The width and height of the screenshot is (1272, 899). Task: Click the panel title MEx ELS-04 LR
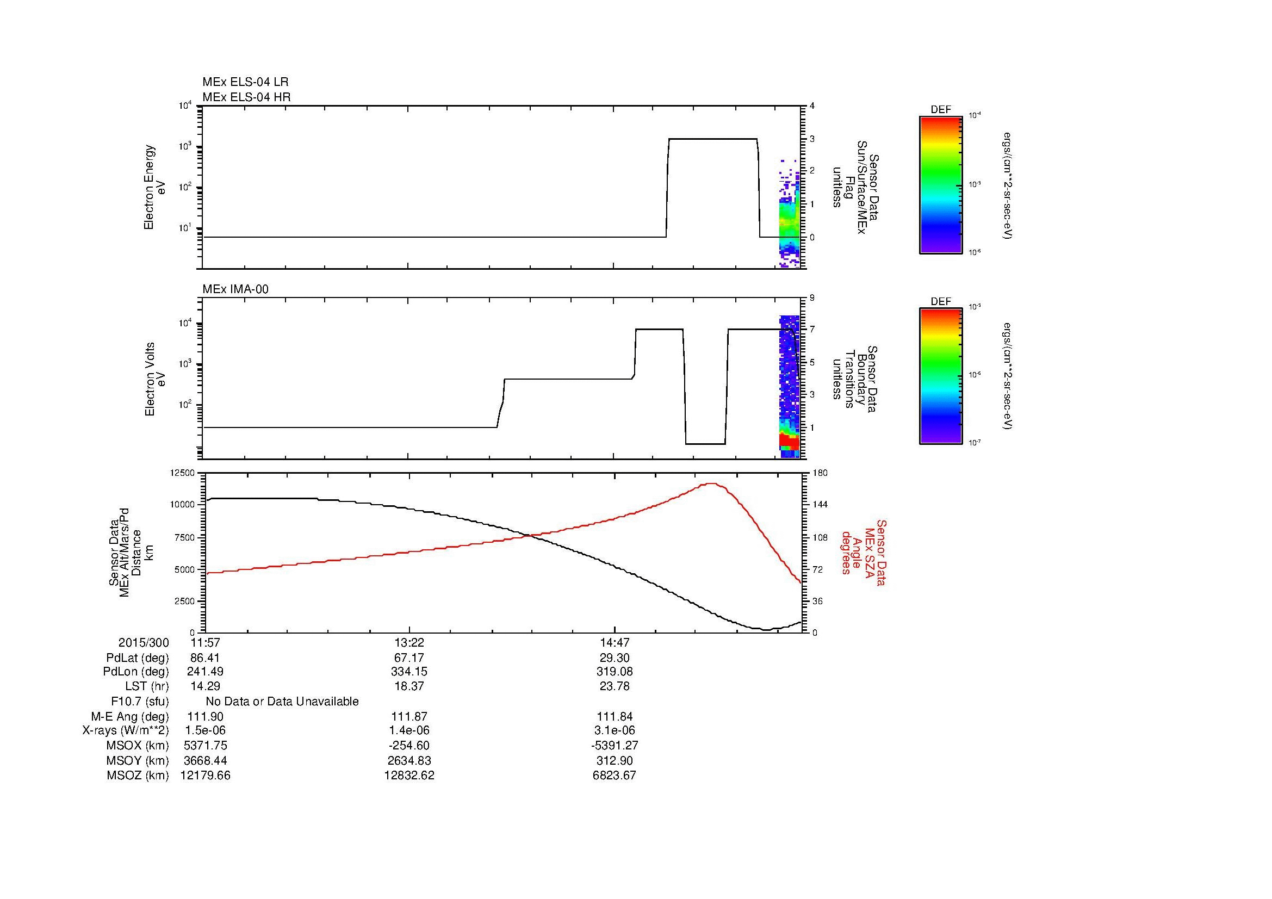(x=245, y=82)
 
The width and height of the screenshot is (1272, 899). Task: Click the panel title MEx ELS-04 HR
(x=246, y=97)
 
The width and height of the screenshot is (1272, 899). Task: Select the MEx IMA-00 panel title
(x=235, y=289)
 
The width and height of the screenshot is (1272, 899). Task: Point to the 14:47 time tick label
(x=615, y=643)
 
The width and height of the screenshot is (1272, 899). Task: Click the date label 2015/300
(x=144, y=643)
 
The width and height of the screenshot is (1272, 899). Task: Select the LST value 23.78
(x=615, y=686)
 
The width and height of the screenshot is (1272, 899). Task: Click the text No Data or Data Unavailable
(x=282, y=702)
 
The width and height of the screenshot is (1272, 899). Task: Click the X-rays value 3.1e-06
(x=615, y=730)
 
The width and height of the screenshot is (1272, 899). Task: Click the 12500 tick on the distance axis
(x=182, y=473)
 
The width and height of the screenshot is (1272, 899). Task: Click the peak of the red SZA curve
(x=711, y=483)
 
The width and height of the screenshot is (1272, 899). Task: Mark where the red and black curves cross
(x=531, y=535)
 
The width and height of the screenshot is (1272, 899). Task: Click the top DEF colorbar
(x=940, y=184)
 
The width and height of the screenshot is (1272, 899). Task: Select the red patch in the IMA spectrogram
(x=789, y=442)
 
